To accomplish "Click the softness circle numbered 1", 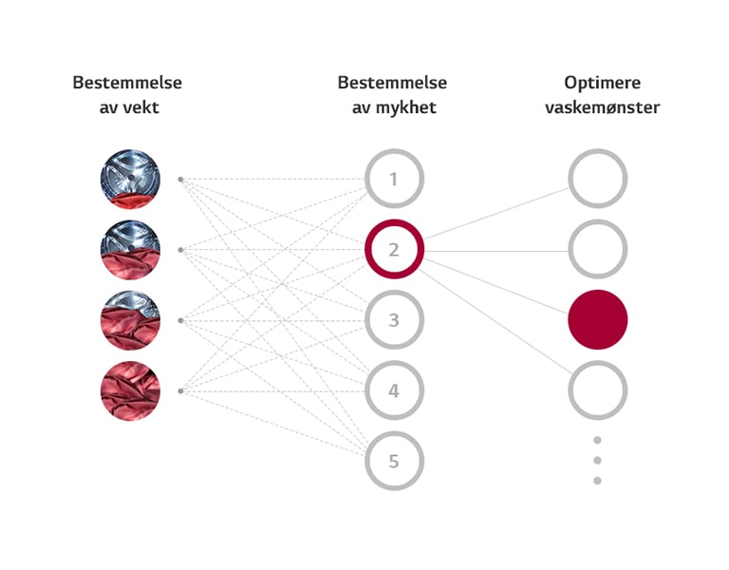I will (394, 179).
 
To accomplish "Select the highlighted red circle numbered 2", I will (394, 250).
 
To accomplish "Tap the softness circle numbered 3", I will (394, 320).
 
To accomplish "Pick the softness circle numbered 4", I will (394, 390).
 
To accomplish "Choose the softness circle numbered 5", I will (394, 462).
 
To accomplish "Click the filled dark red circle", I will (598, 320).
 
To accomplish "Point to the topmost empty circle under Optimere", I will (598, 179).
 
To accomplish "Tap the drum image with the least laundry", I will (130, 179).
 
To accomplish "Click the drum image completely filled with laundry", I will (130, 390).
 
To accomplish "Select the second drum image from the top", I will (130, 250).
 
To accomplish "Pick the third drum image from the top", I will (130, 320).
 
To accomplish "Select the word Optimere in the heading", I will (602, 83).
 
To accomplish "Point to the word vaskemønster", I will (602, 107).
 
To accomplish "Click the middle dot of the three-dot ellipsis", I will (598, 460).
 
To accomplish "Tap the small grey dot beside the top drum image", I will (180, 179).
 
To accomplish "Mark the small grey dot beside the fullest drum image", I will (180, 390).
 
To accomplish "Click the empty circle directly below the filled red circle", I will (598, 390).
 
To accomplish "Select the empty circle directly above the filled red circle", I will (598, 250).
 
